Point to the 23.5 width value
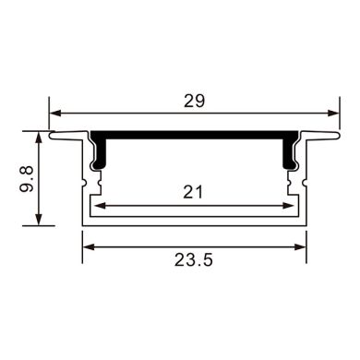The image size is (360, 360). point(194,261)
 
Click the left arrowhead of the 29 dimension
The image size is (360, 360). point(54,113)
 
